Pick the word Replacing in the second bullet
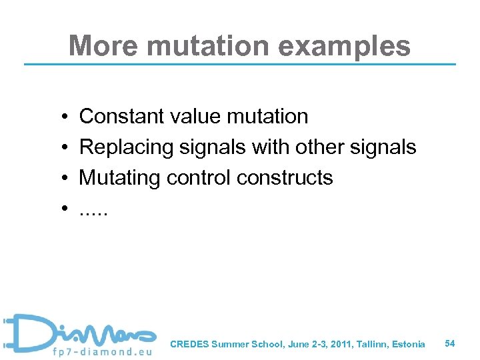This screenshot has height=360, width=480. [x=127, y=147]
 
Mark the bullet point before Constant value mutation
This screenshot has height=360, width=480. [x=61, y=117]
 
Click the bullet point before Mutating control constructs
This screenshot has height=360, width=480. [x=61, y=179]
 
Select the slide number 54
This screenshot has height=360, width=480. [x=450, y=343]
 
